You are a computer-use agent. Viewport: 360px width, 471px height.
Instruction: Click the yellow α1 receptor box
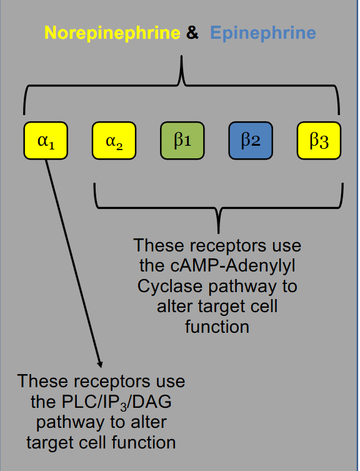click(46, 141)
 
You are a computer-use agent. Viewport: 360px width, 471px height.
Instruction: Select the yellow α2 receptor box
click(114, 141)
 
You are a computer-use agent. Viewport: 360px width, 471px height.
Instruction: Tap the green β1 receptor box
click(182, 141)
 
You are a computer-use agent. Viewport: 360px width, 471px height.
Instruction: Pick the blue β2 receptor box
click(250, 141)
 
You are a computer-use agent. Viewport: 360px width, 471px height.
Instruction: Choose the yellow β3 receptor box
click(319, 141)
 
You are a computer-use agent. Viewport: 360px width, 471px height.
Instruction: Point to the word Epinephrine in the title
click(262, 33)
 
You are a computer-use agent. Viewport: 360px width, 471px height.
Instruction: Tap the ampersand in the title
click(192, 33)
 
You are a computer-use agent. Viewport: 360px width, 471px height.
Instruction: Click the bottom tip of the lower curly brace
click(218, 231)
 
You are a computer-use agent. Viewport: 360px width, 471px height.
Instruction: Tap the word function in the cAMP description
click(217, 327)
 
